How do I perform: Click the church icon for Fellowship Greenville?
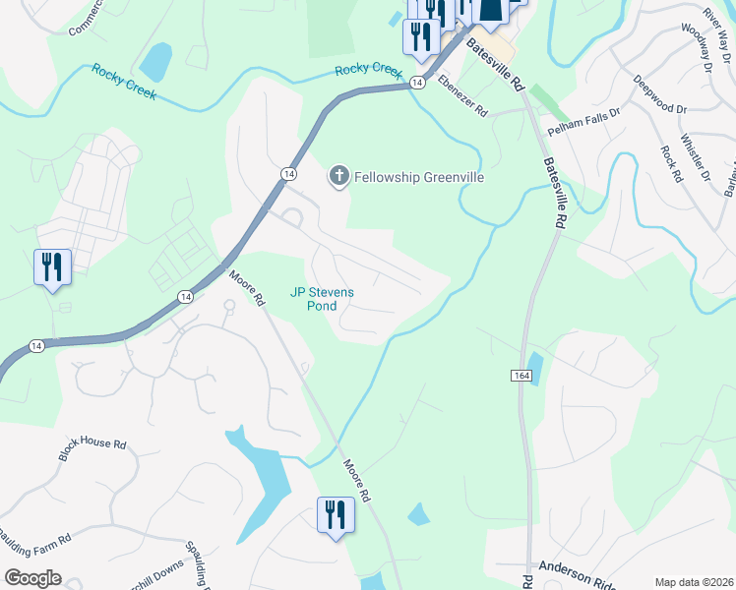click(x=338, y=177)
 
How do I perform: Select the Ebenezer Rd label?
click(x=462, y=97)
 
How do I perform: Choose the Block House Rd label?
click(x=92, y=450)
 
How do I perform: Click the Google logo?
click(x=32, y=578)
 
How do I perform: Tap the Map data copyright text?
click(x=693, y=582)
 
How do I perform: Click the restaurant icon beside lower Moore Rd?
click(x=335, y=515)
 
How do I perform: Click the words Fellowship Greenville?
click(x=406, y=177)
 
